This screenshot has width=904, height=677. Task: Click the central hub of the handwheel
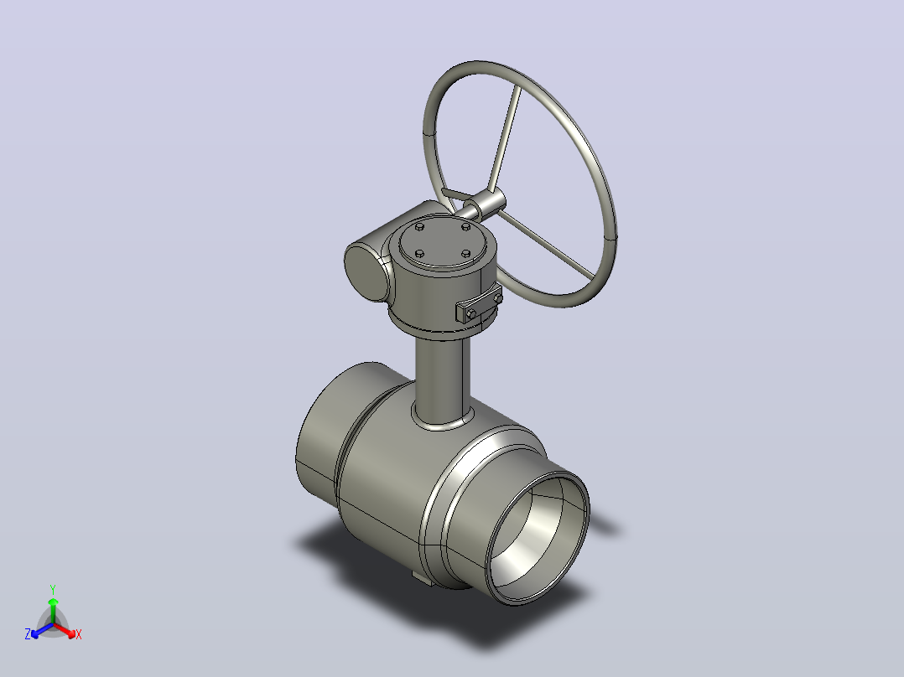(x=486, y=202)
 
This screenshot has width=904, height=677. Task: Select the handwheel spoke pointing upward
(x=505, y=138)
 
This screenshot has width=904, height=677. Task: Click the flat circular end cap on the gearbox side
(x=367, y=272)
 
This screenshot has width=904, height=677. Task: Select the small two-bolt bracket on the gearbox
(x=479, y=303)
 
